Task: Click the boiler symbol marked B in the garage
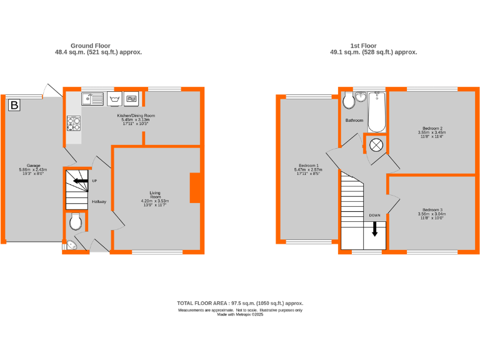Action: pyautogui.click(x=14, y=106)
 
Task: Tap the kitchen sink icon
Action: pyautogui.click(x=94, y=98)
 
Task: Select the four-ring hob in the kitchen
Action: pyautogui.click(x=74, y=123)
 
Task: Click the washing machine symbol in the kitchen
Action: pyautogui.click(x=114, y=98)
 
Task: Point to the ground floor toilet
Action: pyautogui.click(x=76, y=221)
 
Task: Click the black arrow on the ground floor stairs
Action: pyautogui.click(x=80, y=181)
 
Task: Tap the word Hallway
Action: pyautogui.click(x=99, y=202)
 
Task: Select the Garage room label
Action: pyautogui.click(x=33, y=166)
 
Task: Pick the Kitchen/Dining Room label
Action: pyautogui.click(x=136, y=116)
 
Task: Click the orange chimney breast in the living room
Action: pyautogui.click(x=196, y=187)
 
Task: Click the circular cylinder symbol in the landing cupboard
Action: pyautogui.click(x=376, y=145)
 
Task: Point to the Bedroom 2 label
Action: pyautogui.click(x=432, y=128)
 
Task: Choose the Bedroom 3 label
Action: pyautogui.click(x=432, y=209)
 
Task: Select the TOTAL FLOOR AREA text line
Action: pyautogui.click(x=240, y=303)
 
